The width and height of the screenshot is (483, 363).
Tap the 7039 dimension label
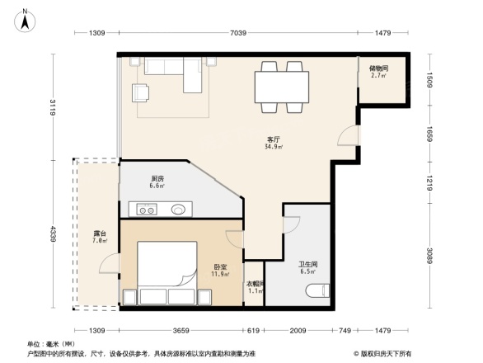pyautogui.click(x=239, y=32)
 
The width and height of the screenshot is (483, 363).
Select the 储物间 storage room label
pyautogui.click(x=379, y=68)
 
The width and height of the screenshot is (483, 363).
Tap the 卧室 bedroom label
pyautogui.click(x=220, y=266)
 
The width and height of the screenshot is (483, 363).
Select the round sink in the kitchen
pyautogui.click(x=178, y=210)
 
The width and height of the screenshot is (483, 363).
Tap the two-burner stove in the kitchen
pyautogui.click(x=148, y=210)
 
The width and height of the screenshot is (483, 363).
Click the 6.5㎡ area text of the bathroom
pyautogui.click(x=308, y=271)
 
